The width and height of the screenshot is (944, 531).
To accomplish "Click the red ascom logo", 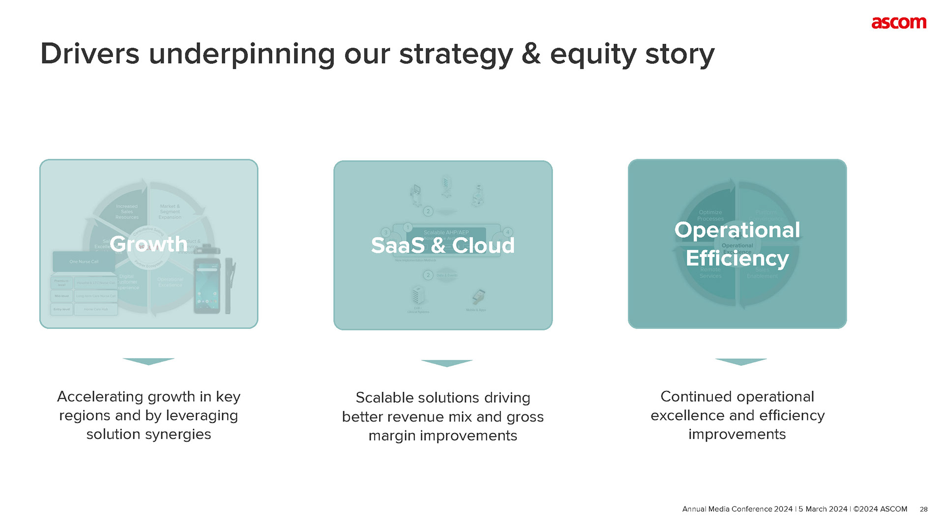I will [x=898, y=23].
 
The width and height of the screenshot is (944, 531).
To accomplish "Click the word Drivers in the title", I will [x=89, y=54].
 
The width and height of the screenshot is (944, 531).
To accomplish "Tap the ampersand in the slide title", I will [x=531, y=54].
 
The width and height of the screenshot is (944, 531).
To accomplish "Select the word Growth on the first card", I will [x=148, y=244].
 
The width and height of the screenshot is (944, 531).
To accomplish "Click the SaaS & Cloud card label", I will [x=442, y=245].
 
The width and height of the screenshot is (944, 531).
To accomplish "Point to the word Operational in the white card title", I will [x=737, y=230].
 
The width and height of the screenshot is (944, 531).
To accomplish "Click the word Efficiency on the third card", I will [x=737, y=258].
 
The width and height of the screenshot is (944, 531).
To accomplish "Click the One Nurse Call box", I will [x=84, y=262].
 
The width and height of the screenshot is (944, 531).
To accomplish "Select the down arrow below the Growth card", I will [x=148, y=361].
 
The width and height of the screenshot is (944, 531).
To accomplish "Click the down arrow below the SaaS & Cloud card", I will [x=446, y=363].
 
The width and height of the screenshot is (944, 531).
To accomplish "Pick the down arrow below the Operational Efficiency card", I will [x=740, y=361].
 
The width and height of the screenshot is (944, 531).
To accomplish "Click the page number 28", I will [x=923, y=509].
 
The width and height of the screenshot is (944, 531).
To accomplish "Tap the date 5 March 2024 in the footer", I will [x=823, y=509].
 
